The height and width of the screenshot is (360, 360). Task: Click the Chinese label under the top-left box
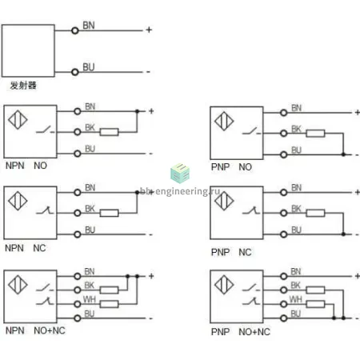point(23,86)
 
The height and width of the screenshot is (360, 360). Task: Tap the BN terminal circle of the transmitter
point(75,30)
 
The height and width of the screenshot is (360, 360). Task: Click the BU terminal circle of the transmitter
point(75,72)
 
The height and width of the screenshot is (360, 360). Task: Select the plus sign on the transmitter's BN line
point(149,30)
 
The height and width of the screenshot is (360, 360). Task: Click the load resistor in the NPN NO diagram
point(109,132)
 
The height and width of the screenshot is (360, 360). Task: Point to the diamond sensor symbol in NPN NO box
point(18,120)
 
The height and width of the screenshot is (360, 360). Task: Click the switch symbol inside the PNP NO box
point(251,131)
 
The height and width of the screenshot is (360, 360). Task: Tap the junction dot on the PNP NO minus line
point(343,154)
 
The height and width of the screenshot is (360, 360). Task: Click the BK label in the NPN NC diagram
point(90,209)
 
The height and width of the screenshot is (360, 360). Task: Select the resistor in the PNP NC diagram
point(315,213)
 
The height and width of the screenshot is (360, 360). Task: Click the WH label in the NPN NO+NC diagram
point(90,299)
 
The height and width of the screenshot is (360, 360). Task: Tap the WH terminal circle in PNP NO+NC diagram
point(283,304)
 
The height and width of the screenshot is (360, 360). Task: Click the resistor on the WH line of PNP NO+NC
point(315,304)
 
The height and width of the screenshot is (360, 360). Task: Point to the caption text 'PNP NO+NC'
point(241,332)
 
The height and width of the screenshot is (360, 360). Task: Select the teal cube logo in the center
point(180,173)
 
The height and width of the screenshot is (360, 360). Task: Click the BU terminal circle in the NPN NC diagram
point(78,234)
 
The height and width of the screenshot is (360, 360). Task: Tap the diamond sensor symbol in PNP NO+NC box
point(224,285)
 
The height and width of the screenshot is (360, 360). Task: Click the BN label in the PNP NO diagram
point(296,108)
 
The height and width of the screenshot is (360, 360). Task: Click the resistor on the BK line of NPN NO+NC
point(109,290)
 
